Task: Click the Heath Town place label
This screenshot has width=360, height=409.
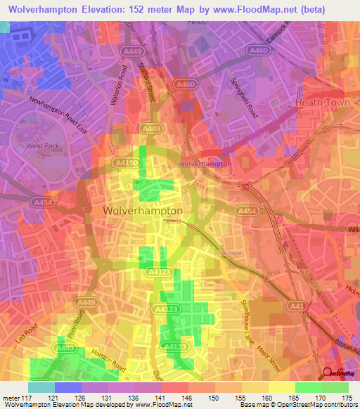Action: (x=322, y=103)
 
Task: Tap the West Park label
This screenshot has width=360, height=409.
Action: (x=39, y=146)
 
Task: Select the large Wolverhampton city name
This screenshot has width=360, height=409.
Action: (x=143, y=210)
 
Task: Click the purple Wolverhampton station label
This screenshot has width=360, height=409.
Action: (x=205, y=164)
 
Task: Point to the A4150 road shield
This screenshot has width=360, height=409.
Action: (x=124, y=162)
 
